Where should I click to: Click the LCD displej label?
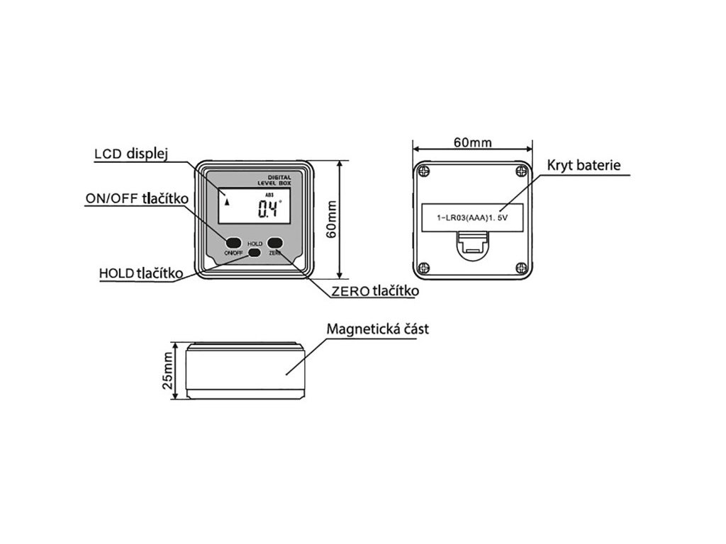(x=130, y=155)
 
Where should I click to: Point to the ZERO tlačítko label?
(x=375, y=290)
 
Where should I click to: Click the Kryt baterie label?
(x=583, y=166)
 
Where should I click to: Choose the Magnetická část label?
(x=377, y=329)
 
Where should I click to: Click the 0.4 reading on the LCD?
(x=269, y=209)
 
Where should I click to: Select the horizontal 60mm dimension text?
(x=472, y=142)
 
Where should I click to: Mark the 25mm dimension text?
(x=167, y=372)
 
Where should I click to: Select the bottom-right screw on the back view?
(x=522, y=268)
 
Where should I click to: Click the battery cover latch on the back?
(x=472, y=246)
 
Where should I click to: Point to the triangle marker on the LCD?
(x=227, y=201)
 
